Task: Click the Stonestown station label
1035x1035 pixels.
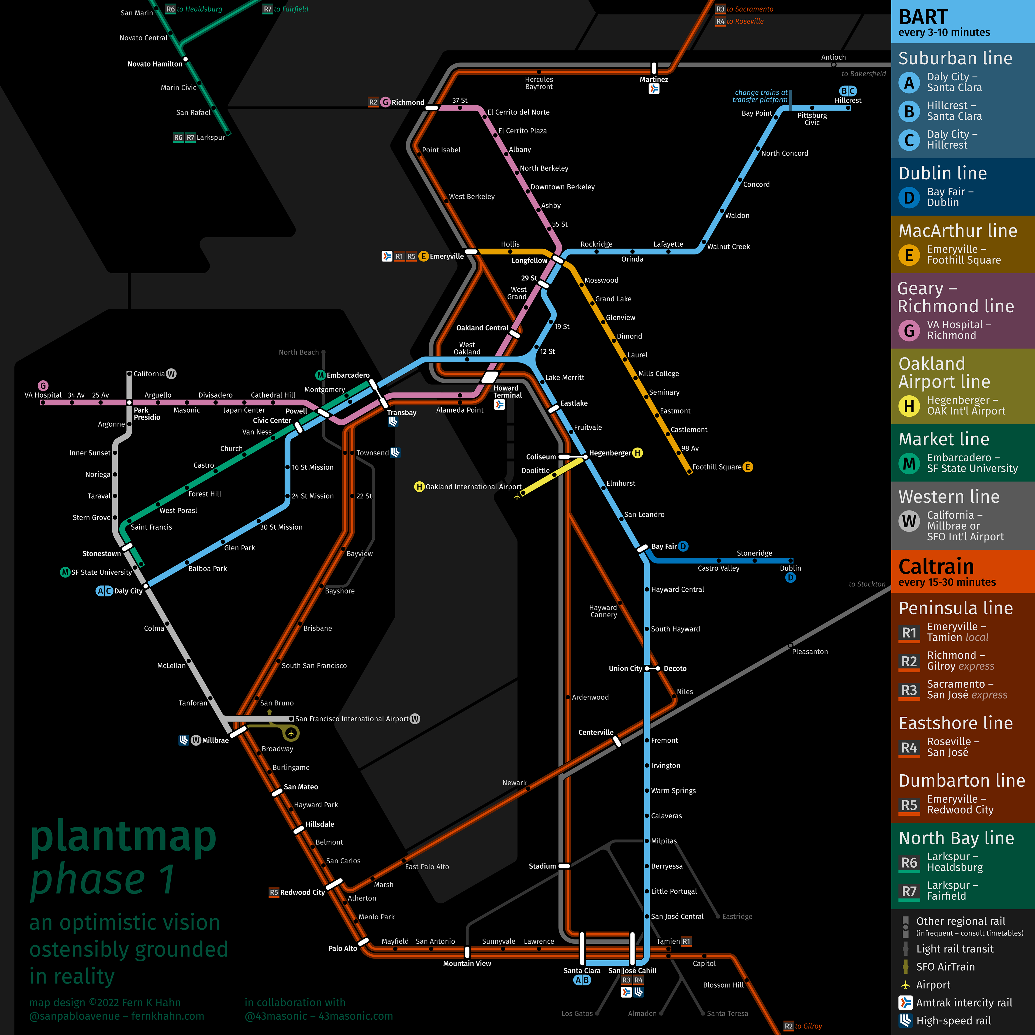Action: point(101,553)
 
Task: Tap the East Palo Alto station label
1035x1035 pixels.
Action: point(427,867)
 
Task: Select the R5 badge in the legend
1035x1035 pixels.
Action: point(909,805)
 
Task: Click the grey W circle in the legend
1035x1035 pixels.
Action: point(909,521)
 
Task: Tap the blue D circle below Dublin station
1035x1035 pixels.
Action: point(790,578)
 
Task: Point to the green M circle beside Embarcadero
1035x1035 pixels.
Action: point(320,375)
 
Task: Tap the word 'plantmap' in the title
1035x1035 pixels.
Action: point(123,837)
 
